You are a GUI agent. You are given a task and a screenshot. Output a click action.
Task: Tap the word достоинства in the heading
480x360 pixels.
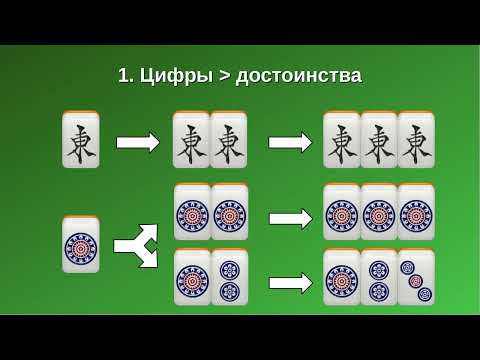[x=299, y=75]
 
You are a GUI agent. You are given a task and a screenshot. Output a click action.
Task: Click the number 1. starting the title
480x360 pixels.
[x=125, y=75]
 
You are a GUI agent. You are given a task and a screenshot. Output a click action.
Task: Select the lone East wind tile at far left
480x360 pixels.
[x=81, y=141]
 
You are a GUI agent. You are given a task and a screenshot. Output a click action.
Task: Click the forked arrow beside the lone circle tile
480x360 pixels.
[x=136, y=245]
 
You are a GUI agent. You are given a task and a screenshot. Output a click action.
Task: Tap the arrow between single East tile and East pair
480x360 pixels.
[x=137, y=142]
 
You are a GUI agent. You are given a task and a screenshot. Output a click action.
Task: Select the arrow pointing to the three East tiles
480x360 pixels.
[x=290, y=142]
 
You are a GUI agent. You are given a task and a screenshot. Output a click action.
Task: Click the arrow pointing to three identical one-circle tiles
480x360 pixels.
[x=290, y=218]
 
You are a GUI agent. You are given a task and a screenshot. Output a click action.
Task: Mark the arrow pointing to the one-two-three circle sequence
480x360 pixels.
[x=290, y=283]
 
